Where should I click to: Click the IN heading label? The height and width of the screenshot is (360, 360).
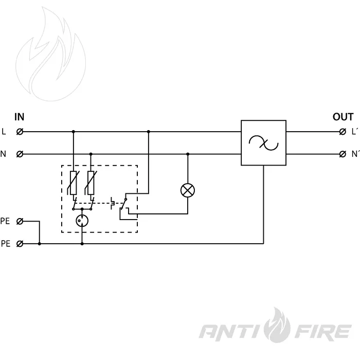[20, 117]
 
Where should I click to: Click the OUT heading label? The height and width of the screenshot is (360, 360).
[343, 117]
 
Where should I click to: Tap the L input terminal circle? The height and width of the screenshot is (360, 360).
[20, 132]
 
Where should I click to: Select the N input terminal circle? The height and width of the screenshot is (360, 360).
[20, 154]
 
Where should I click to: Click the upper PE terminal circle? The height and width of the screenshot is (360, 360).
[20, 221]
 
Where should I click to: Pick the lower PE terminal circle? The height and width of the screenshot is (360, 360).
[20, 244]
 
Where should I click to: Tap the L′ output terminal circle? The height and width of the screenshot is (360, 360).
[343, 132]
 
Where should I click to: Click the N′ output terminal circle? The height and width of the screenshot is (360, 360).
[343, 154]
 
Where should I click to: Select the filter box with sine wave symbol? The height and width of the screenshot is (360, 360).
[263, 143]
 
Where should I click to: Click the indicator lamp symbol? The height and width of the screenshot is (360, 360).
[188, 191]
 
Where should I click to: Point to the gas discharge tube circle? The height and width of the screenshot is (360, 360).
[82, 221]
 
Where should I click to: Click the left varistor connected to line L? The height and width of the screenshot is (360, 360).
[73, 183]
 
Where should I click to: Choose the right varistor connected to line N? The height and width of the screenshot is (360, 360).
[91, 183]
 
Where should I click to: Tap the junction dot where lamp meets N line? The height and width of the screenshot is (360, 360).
[188, 154]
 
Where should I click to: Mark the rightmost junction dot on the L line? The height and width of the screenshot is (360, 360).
[149, 132]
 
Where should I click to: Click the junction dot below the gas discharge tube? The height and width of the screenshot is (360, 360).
[82, 244]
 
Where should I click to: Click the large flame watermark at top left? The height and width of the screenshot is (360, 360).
[51, 54]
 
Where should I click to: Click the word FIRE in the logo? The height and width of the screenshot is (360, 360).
[322, 331]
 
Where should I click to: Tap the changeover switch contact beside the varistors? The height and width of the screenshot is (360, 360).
[124, 204]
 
